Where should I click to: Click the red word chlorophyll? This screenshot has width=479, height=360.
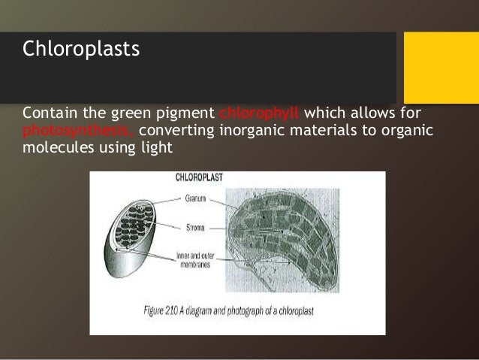259,113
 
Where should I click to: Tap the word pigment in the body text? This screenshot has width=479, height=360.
187,113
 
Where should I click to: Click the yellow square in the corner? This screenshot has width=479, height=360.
441,68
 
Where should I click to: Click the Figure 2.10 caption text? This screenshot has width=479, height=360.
236,309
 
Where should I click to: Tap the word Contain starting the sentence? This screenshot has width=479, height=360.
47,113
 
